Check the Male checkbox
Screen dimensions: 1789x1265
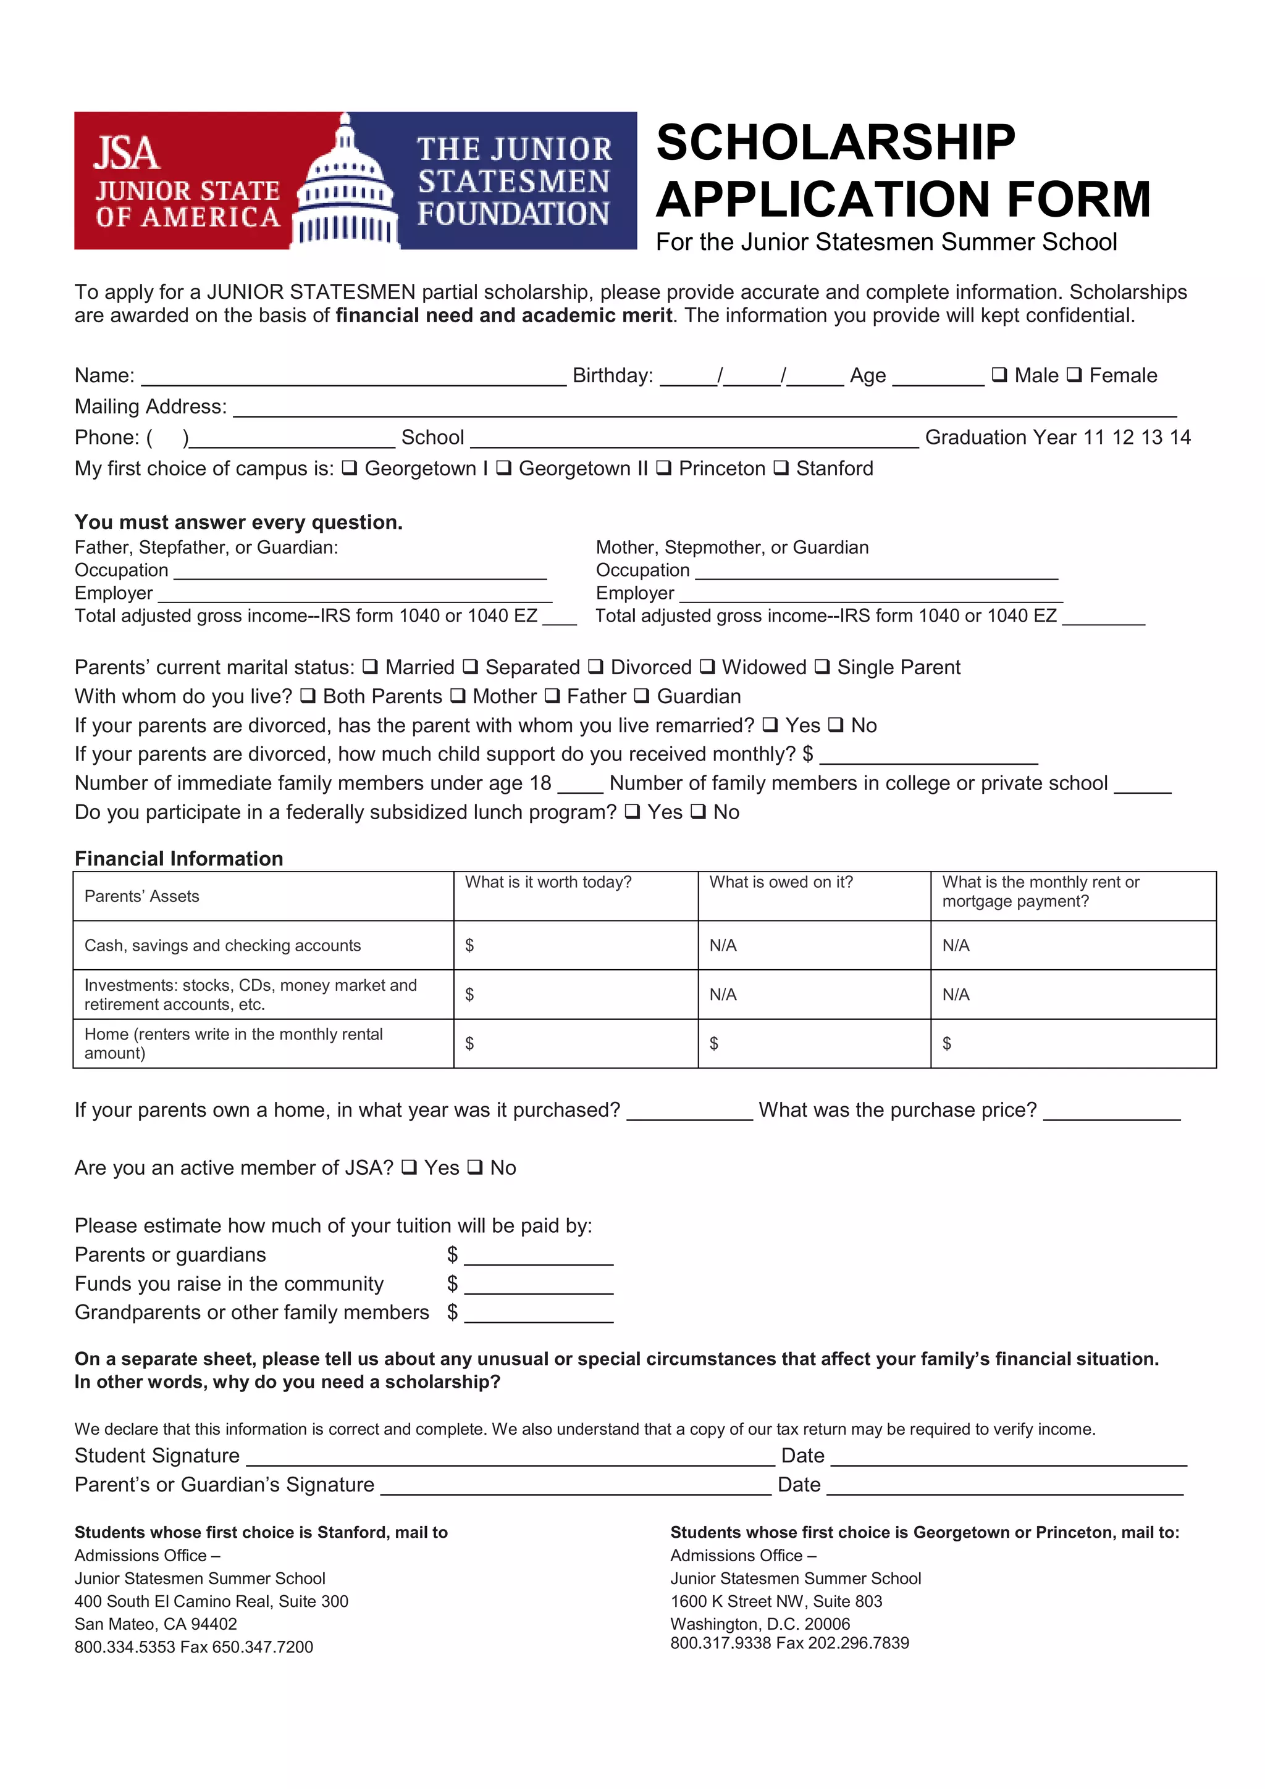click(x=998, y=375)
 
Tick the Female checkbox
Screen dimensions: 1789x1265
click(x=1074, y=375)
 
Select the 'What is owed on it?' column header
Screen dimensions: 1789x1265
click(x=781, y=882)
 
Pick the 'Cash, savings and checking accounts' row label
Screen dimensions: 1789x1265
click(x=222, y=945)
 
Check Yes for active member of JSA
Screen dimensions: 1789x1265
click(x=408, y=1167)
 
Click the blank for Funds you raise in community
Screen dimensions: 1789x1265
click(x=539, y=1286)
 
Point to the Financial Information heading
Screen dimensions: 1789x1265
click(x=179, y=858)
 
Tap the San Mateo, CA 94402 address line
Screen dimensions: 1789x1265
click(x=156, y=1624)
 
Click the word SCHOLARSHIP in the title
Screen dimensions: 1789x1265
click(x=836, y=143)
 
